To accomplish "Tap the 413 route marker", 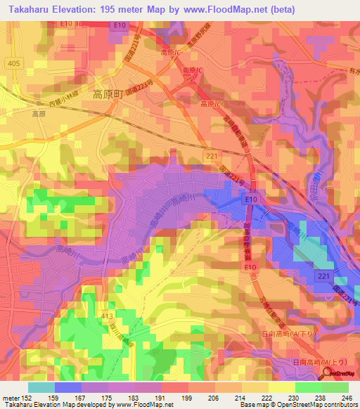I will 107,318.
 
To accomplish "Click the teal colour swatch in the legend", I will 41,387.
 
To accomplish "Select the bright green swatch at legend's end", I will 335,387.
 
